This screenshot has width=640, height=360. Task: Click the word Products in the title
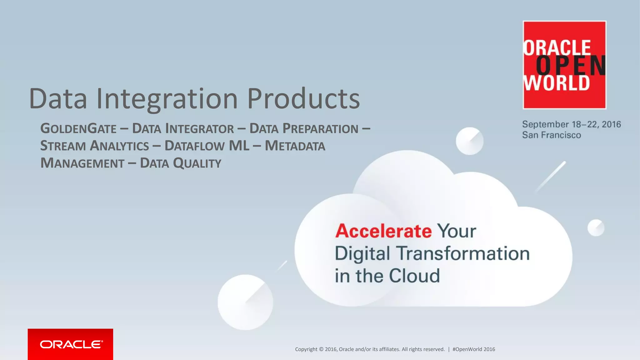tap(303, 99)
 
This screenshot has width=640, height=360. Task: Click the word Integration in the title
tap(167, 99)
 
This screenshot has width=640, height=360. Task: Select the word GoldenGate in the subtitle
tap(78, 128)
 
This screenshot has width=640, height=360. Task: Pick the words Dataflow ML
tap(207, 146)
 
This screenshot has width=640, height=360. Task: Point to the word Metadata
tap(295, 146)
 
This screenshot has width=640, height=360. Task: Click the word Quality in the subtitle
tap(197, 163)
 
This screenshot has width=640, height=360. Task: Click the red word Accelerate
tap(383, 231)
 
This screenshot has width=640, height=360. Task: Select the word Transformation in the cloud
tap(463, 253)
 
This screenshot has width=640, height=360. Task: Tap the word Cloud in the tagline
tap(414, 276)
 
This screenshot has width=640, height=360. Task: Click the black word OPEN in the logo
tap(570, 66)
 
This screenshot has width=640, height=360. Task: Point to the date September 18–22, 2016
tap(571, 124)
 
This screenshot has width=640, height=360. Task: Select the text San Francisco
tap(552, 135)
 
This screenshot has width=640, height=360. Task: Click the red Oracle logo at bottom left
tap(70, 344)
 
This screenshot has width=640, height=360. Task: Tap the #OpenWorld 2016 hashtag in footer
tap(473, 349)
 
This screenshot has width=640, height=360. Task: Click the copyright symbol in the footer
tap(321, 349)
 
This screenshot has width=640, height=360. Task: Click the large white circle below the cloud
tap(245, 302)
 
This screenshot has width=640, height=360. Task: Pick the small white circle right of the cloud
tap(596, 227)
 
